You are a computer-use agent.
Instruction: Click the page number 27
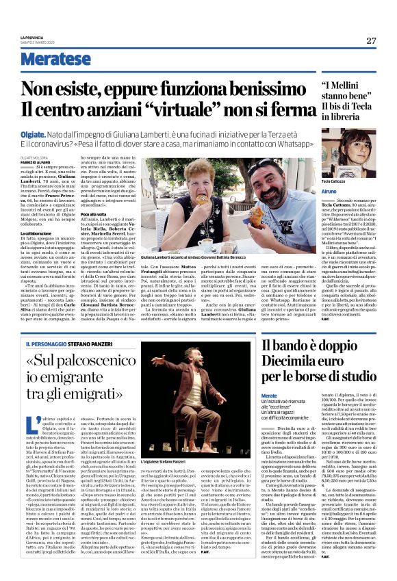coord(372,40)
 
